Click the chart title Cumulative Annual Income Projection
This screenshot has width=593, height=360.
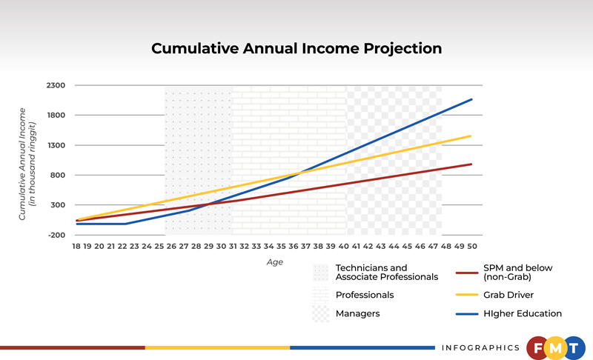pos(296,49)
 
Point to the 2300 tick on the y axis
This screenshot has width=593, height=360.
pos(57,86)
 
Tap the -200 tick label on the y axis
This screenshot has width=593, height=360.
pos(57,235)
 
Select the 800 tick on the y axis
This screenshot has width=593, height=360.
pos(59,176)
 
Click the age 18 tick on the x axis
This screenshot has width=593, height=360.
pos(76,245)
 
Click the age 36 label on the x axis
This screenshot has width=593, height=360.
pos(295,245)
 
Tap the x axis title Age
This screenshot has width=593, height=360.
pos(274,262)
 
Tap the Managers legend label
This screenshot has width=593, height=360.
pos(357,313)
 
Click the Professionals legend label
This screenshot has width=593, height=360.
pos(365,295)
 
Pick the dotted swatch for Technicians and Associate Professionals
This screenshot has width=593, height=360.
pos(320,272)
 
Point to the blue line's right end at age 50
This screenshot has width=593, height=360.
pos(471,99)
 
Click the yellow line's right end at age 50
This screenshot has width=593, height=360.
pos(471,136)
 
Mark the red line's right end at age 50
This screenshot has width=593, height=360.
pos(471,164)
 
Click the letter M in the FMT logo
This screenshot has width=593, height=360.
pos(555,348)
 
